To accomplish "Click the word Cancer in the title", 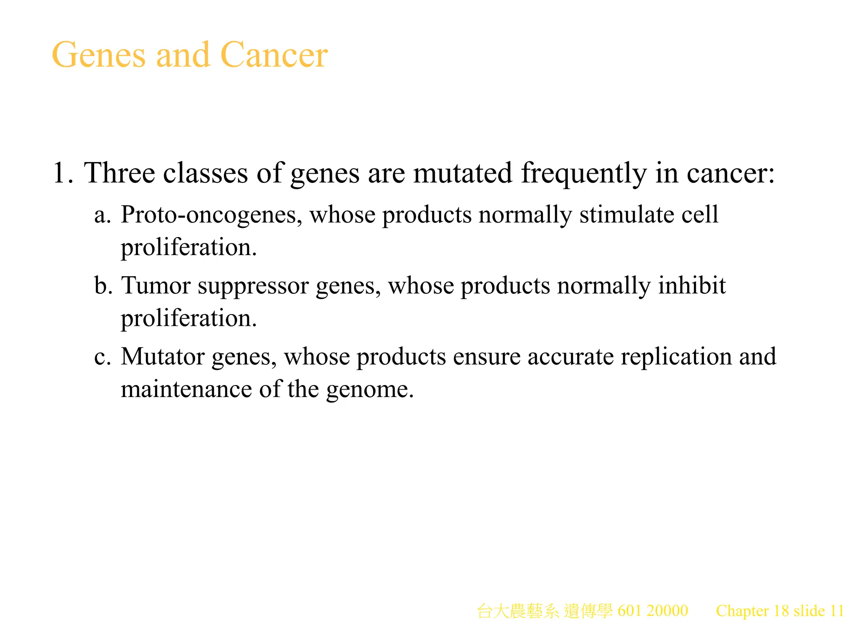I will click(274, 55).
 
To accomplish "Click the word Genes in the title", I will click(99, 55).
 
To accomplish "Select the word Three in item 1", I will click(119, 172).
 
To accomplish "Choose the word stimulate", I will click(627, 215).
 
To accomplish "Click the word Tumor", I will click(156, 286).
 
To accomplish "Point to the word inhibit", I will click(692, 286).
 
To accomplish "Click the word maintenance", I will click(186, 389).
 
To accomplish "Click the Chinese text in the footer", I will click(545, 611).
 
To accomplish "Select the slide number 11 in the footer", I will click(836, 611).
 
